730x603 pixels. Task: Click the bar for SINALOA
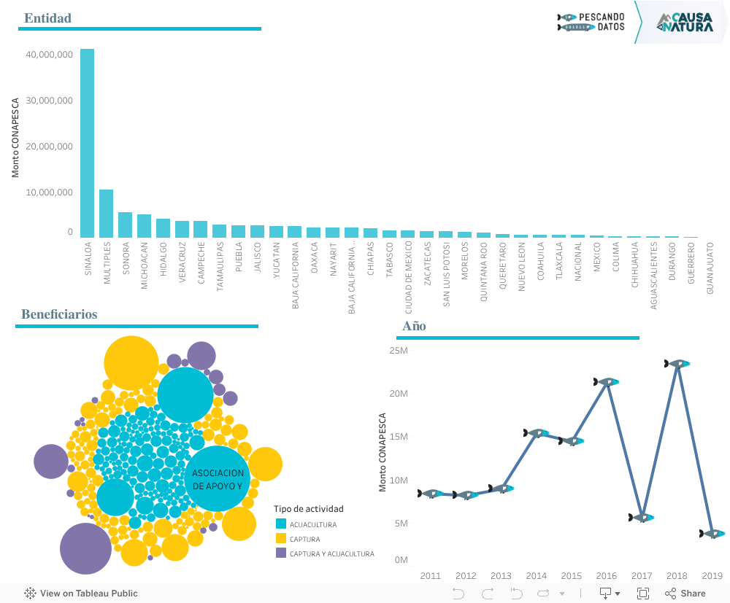click(x=87, y=143)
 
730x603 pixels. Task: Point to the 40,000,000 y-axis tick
click(x=49, y=55)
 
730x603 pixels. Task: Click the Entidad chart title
click(x=48, y=18)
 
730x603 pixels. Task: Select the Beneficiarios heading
click(x=59, y=314)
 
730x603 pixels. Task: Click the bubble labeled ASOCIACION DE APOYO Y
click(x=218, y=478)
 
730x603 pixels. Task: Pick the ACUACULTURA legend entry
click(x=313, y=524)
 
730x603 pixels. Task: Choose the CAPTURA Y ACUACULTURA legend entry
click(x=331, y=553)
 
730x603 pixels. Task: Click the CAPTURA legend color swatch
click(x=281, y=539)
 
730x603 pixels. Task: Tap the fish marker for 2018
click(x=677, y=363)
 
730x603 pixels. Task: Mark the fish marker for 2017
click(x=642, y=518)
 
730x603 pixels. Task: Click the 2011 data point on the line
click(x=431, y=494)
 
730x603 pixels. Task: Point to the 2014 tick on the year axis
click(x=536, y=576)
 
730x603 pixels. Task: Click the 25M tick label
click(x=399, y=351)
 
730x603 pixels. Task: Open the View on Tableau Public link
click(x=81, y=594)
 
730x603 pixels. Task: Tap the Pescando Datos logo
click(x=591, y=22)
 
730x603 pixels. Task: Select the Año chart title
click(x=414, y=326)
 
